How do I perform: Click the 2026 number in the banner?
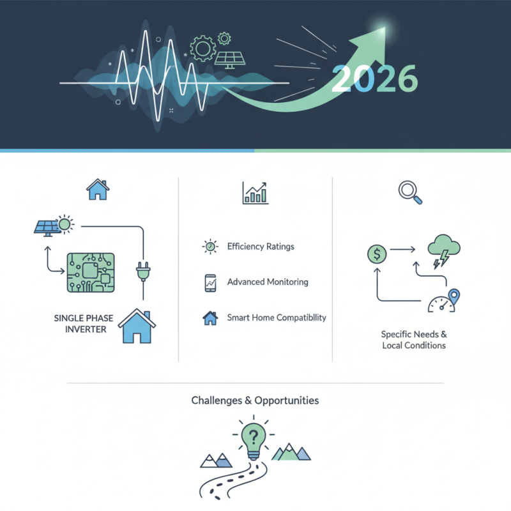click(x=375, y=79)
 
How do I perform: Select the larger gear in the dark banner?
click(x=202, y=47)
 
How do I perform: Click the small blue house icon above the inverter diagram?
click(x=98, y=189)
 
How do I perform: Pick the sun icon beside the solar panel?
click(x=64, y=224)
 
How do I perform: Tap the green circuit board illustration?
click(x=91, y=272)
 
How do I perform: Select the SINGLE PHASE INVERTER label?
click(x=81, y=323)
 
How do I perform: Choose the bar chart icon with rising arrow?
click(x=256, y=192)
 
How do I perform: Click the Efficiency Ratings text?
click(x=261, y=247)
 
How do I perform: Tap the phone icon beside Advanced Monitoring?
click(x=210, y=282)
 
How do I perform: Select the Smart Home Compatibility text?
click(x=277, y=317)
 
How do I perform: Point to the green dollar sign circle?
click(x=378, y=254)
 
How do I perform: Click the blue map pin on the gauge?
click(x=454, y=296)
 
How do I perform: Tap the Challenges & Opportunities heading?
click(x=255, y=400)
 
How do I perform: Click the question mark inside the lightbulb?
click(x=254, y=437)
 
